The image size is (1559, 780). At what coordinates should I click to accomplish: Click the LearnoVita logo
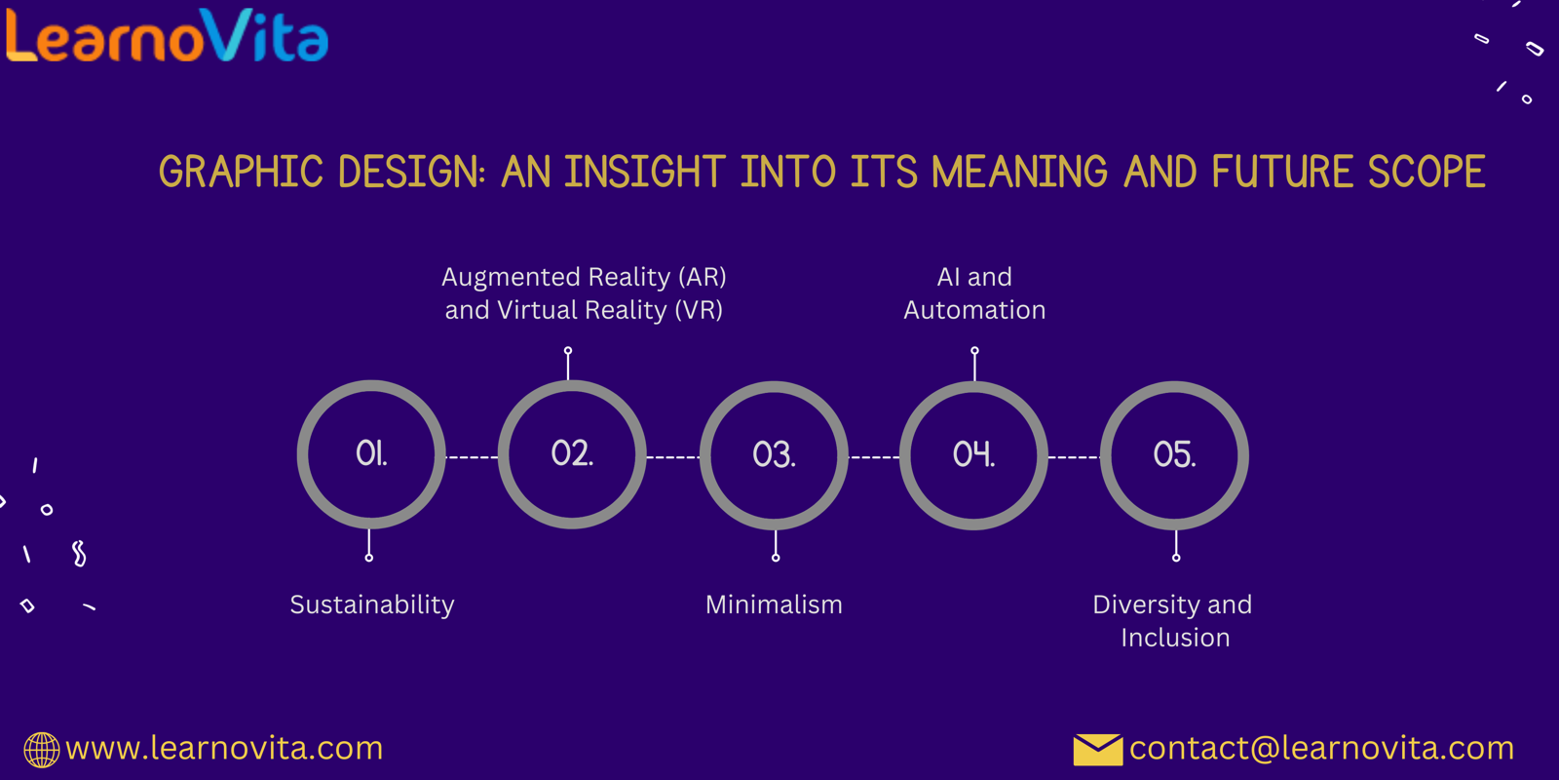tap(167, 35)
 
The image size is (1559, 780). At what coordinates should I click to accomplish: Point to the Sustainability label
tap(371, 605)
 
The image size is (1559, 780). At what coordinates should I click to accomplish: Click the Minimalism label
tap(774, 604)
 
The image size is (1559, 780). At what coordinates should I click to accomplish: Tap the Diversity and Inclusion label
tap(1173, 621)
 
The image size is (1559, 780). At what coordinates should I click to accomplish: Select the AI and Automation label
tap(974, 293)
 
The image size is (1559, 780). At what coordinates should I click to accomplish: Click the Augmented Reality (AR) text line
tap(584, 277)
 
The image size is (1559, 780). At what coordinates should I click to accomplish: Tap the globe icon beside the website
tap(42, 750)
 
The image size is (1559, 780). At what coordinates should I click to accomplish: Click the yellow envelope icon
tap(1097, 750)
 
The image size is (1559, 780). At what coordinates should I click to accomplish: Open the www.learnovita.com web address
tap(224, 749)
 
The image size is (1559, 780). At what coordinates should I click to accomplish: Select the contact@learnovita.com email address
tap(1321, 749)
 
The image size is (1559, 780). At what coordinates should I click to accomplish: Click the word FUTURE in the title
tap(1282, 172)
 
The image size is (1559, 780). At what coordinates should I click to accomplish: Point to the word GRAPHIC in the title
tap(241, 172)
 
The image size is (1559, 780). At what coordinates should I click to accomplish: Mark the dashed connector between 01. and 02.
tap(472, 457)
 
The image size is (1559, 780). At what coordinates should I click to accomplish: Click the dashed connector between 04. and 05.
tap(1074, 457)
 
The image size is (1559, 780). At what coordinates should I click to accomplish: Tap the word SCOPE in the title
tap(1426, 172)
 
